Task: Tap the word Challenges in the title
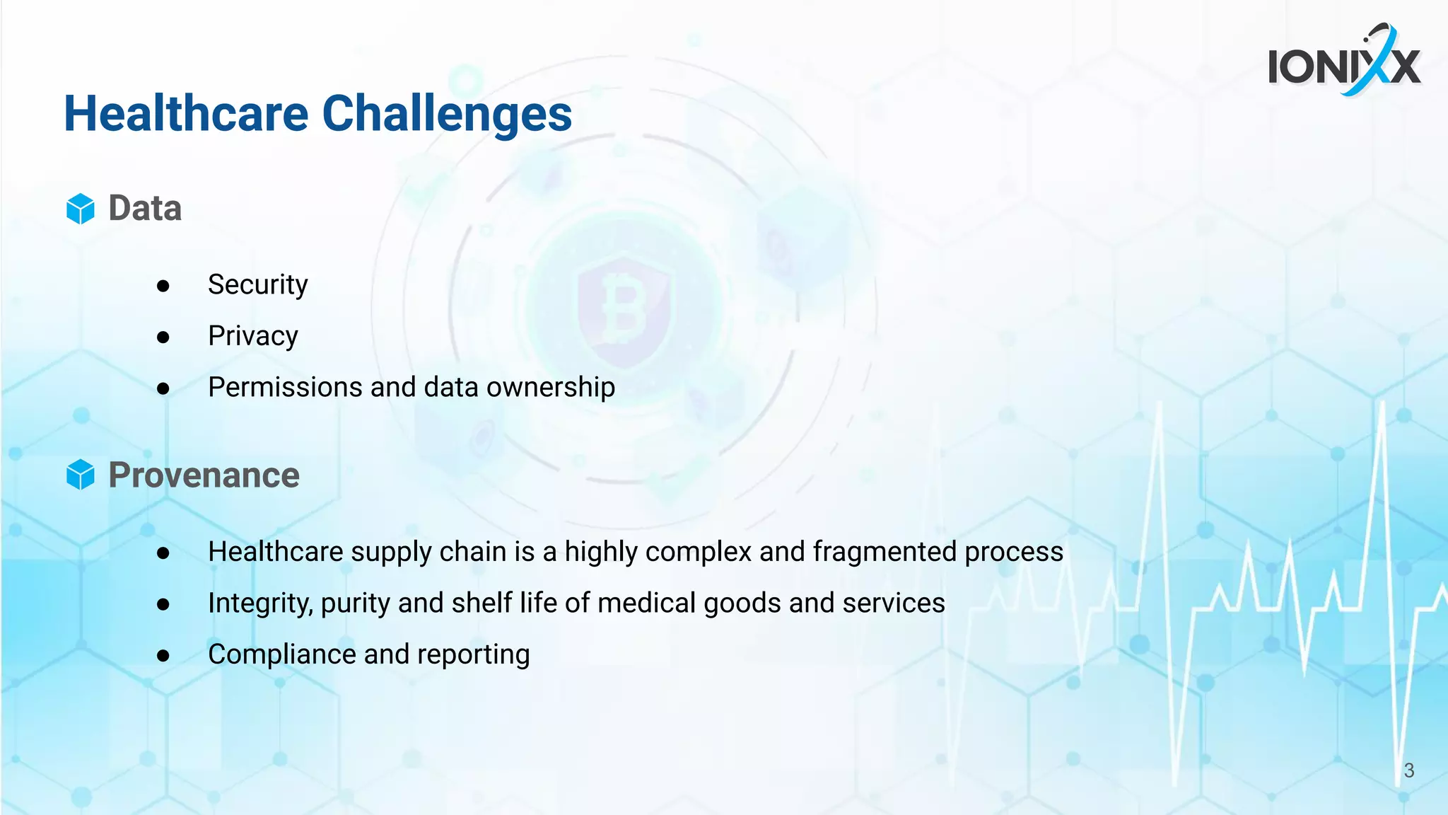tap(447, 114)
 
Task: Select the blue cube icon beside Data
tap(81, 209)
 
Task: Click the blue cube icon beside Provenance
tap(81, 475)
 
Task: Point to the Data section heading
tap(145, 209)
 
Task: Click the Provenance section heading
tap(204, 475)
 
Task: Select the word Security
tap(257, 285)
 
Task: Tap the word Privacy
tap(252, 336)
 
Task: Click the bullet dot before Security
tap(163, 286)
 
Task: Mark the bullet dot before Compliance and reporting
tap(163, 656)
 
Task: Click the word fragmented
tap(884, 552)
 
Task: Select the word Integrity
tap(259, 603)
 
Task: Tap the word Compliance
tap(281, 654)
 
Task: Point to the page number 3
tap(1408, 770)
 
